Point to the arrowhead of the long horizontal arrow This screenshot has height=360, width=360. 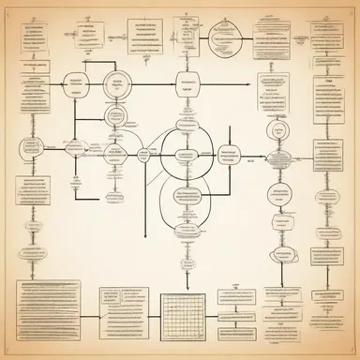(248, 84)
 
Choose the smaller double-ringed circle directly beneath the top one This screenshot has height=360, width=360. (118, 113)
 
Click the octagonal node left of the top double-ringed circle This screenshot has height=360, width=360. (75, 85)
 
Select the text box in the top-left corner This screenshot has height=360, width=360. (26, 37)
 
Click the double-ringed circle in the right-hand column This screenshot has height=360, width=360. (276, 131)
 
